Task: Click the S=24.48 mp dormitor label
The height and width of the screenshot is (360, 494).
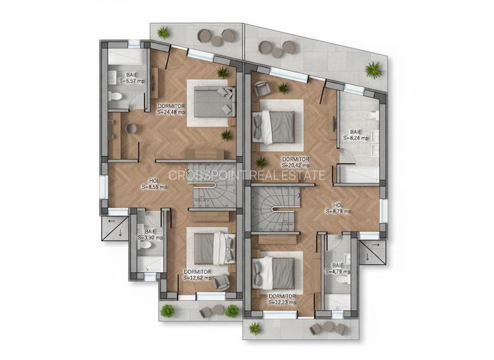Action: coord(171,108)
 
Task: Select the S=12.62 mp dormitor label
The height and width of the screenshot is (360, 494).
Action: coord(198,274)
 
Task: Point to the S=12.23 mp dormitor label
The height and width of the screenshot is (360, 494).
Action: coord(282,299)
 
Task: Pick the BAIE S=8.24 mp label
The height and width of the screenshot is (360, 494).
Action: coord(355,136)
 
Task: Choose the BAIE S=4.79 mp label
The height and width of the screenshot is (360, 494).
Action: coord(337,268)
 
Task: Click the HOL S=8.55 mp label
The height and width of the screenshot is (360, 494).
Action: coord(154,184)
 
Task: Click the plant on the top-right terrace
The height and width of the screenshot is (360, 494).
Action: coord(372,69)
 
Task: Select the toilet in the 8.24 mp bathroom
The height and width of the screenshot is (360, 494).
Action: coord(371,116)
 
